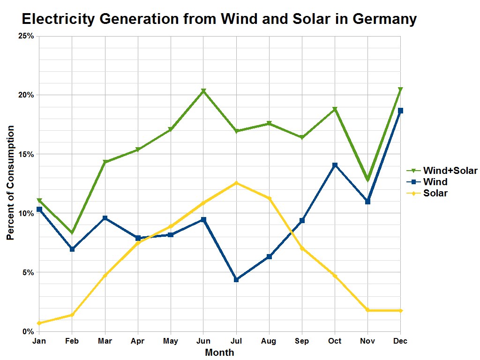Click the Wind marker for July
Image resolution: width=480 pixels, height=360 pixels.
(236, 279)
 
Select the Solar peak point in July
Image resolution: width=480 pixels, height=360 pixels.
(236, 183)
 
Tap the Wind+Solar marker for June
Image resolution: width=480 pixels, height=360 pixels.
(203, 91)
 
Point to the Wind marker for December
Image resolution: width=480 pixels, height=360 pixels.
(400, 111)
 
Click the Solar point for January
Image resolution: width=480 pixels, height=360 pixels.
(39, 323)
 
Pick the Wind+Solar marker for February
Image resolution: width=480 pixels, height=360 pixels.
(72, 233)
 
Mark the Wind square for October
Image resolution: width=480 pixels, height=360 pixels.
(335, 165)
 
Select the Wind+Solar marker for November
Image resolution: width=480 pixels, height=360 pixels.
(367, 180)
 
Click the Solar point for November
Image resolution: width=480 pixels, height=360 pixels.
(367, 310)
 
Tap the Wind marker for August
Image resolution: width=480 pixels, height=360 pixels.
(269, 256)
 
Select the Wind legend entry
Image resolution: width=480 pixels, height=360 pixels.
(435, 182)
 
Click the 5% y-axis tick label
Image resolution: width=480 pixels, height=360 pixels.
(29, 272)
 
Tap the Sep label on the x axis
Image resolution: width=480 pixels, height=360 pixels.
(302, 341)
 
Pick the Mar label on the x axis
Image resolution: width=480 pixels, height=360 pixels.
(105, 341)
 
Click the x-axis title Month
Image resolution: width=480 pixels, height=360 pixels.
(219, 352)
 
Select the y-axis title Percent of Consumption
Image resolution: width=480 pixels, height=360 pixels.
(10, 183)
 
